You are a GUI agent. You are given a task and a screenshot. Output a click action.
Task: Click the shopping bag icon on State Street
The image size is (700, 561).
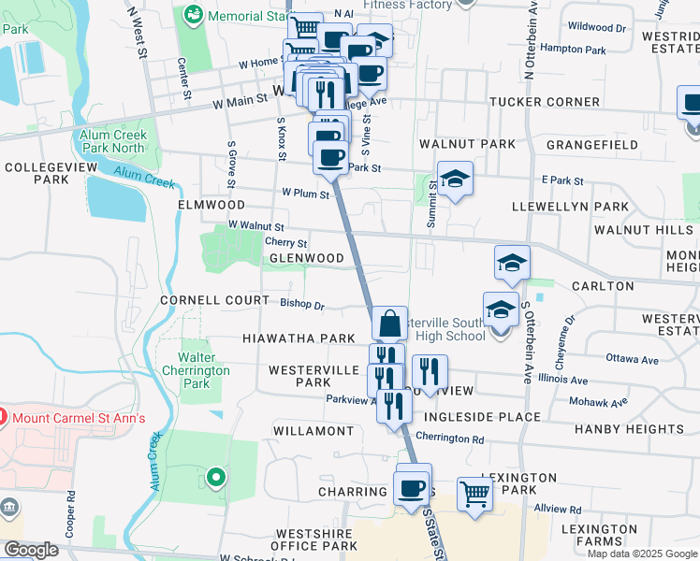click(x=389, y=324)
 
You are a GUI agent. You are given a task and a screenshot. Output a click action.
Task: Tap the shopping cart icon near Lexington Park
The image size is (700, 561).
click(x=474, y=493)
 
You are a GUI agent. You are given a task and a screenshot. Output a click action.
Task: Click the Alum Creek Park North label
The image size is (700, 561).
click(x=112, y=141)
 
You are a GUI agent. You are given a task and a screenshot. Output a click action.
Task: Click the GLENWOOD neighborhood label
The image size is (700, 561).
click(x=307, y=258)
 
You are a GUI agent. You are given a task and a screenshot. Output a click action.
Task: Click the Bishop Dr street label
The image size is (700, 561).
click(x=302, y=304)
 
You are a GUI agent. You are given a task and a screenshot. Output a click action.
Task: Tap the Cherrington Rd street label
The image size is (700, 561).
click(x=449, y=438)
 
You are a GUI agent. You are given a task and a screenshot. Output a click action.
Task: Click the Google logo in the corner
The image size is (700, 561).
click(x=31, y=550)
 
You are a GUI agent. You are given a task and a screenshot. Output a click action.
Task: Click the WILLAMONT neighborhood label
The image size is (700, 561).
click(x=313, y=431)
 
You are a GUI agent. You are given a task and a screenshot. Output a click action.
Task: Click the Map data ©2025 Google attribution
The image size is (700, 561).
click(x=642, y=554)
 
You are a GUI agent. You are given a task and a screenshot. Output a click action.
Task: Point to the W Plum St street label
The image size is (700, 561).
click(x=306, y=194)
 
